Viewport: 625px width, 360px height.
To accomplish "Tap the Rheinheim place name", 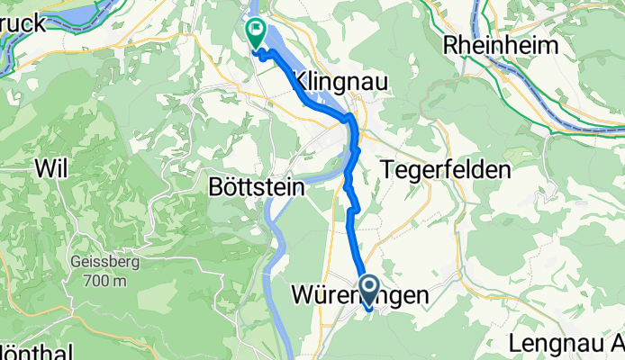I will pos(501,45).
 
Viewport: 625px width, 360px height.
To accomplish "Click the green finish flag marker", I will pos(256,33).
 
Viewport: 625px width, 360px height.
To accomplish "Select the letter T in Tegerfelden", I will pos(388,169).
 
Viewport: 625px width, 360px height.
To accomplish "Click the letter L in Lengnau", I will pos(515,343).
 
